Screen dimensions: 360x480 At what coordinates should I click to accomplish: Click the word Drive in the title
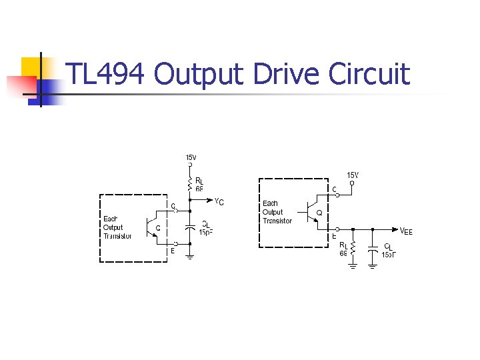(287, 74)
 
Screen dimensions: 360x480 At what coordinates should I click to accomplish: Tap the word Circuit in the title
(369, 74)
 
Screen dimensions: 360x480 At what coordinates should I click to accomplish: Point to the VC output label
(219, 201)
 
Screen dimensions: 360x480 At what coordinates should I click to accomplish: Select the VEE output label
(406, 231)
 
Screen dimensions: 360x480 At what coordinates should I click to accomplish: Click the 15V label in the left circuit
(191, 157)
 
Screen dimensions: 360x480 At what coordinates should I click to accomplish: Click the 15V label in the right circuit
(353, 175)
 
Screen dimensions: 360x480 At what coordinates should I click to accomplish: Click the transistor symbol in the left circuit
(151, 227)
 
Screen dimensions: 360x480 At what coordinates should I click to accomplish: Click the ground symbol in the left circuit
(190, 255)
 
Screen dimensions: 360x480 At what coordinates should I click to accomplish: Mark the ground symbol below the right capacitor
(373, 265)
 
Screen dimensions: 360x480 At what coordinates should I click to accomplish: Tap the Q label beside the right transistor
(320, 213)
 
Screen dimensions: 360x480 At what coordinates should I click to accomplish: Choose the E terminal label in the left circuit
(172, 251)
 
